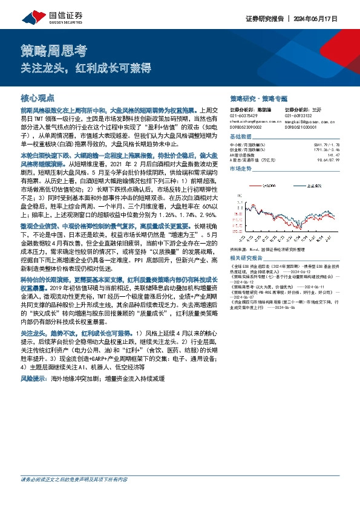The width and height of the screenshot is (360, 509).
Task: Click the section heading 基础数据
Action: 241,137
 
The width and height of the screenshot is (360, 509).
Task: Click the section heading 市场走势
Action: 241,169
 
